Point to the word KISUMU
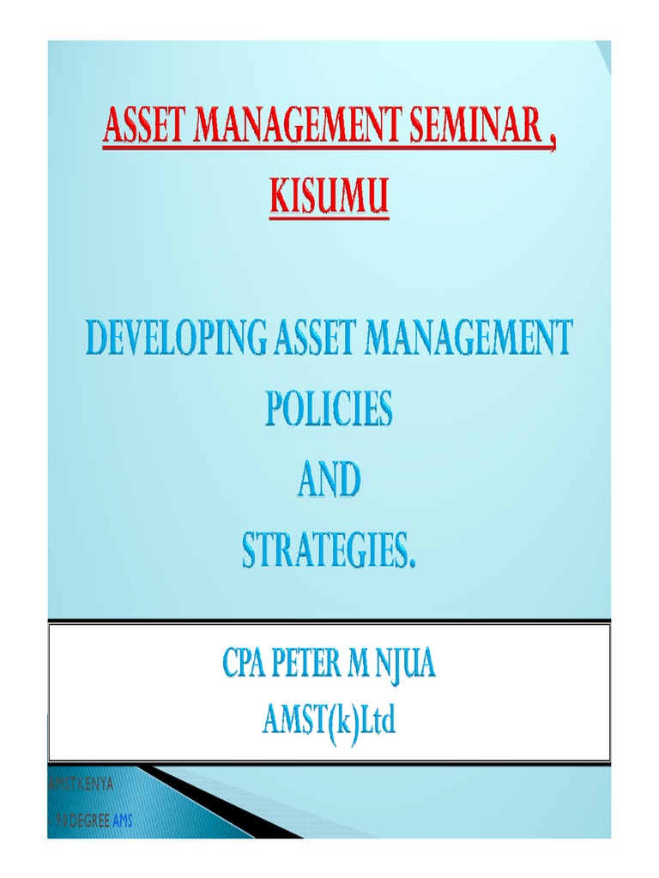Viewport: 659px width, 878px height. (329, 198)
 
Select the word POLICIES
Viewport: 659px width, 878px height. (329, 409)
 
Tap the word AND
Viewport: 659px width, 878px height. (329, 481)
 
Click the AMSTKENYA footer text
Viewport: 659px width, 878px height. (82, 784)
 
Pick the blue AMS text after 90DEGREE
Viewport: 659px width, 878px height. (122, 820)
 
